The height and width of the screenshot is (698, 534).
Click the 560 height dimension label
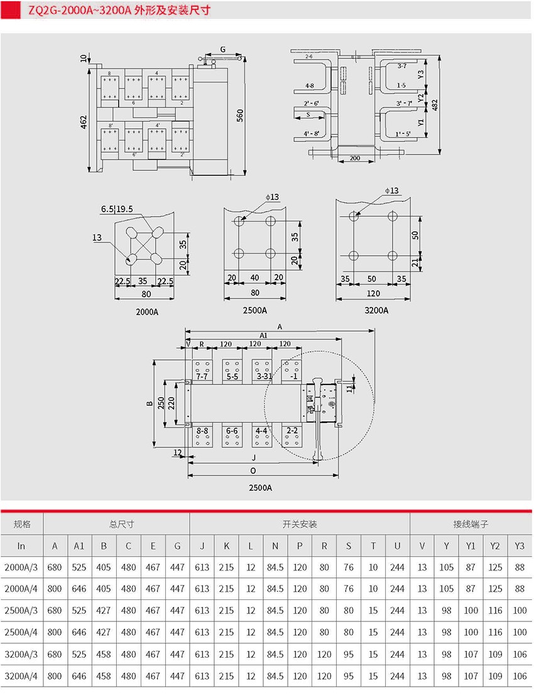(x=240, y=116)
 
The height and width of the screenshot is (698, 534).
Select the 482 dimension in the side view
(x=435, y=105)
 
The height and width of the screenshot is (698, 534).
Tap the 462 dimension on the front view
(x=84, y=122)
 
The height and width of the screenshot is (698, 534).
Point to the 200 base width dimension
(x=355, y=158)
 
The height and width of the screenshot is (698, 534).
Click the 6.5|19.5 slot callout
(x=117, y=209)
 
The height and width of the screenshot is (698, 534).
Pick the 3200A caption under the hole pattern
(x=376, y=310)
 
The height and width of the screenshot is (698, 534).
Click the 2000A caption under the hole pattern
(x=147, y=312)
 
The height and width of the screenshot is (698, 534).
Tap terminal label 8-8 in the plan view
(x=202, y=431)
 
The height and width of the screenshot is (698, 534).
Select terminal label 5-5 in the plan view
(x=232, y=376)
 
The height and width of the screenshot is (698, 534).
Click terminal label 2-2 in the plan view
(x=292, y=431)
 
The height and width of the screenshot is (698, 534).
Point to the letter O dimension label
(x=253, y=471)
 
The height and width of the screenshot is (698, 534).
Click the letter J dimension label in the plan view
(x=254, y=457)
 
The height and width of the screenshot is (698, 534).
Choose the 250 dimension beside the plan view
(x=161, y=403)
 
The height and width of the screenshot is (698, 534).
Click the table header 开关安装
(x=300, y=525)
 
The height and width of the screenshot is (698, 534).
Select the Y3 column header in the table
(x=520, y=546)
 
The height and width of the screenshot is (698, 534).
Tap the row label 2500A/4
(x=21, y=633)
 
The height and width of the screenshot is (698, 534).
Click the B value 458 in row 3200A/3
(x=103, y=655)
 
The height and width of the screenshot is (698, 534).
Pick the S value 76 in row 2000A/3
(x=349, y=567)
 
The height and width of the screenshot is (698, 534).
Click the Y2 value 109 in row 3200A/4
(x=495, y=676)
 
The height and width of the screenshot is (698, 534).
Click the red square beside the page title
(x=11, y=10)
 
